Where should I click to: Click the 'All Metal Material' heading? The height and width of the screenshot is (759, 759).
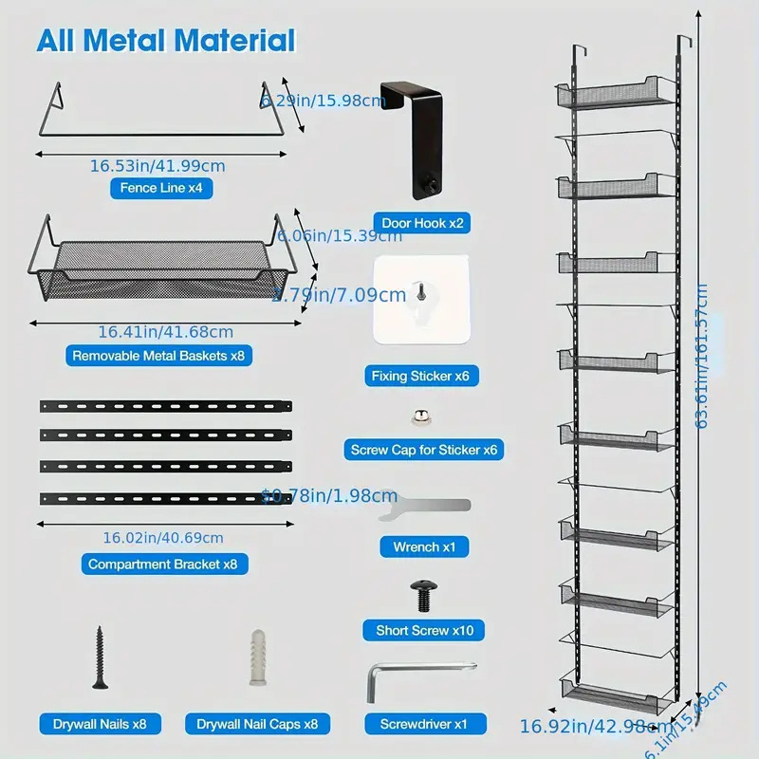click(166, 40)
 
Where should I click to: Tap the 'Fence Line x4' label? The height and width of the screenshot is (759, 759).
click(161, 188)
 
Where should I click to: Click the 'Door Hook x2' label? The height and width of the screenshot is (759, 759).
click(422, 224)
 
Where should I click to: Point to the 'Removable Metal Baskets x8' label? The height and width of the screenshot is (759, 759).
click(163, 357)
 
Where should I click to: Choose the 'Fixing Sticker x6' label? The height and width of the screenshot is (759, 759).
click(420, 377)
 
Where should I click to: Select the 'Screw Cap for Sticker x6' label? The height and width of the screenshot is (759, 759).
click(423, 451)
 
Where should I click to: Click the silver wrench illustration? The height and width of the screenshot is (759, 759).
click(424, 509)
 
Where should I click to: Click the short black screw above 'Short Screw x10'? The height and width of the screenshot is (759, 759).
click(422, 596)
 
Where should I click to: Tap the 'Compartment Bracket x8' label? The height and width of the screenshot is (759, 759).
click(169, 564)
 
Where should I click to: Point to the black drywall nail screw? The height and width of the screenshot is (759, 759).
click(98, 656)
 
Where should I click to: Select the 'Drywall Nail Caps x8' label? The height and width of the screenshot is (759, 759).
click(257, 724)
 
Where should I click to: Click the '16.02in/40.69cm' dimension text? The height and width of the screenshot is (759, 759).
click(163, 537)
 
